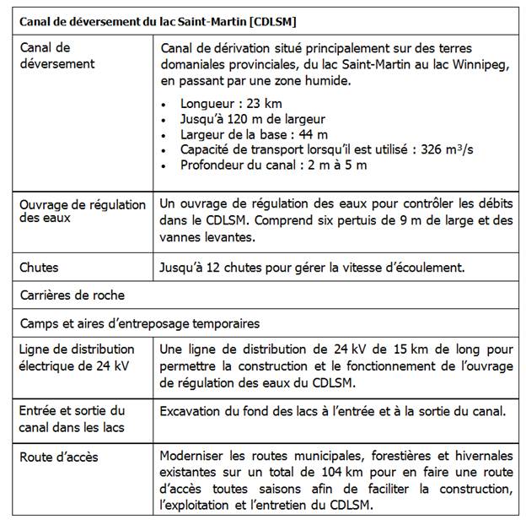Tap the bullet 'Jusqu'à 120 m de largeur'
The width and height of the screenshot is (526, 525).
pos(252,120)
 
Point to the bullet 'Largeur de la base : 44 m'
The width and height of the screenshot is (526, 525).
pos(254,135)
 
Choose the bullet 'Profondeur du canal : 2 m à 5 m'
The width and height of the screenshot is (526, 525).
pos(273,165)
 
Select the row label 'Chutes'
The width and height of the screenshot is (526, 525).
pos(39,268)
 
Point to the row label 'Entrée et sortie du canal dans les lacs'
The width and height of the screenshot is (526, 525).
pos(72,419)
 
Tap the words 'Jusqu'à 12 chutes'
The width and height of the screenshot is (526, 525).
pos(209,268)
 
